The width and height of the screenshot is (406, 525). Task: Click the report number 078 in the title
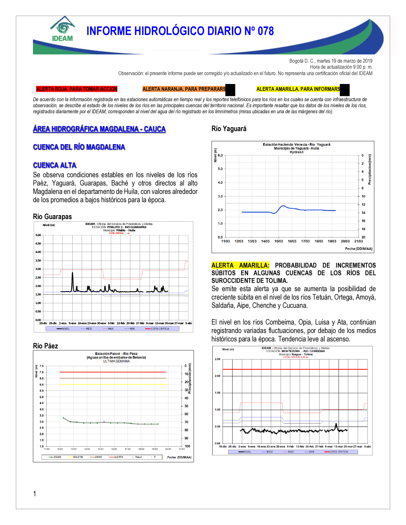pyautogui.click(x=266, y=31)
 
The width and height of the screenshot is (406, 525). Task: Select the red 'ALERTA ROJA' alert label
pyautogui.click(x=76, y=89)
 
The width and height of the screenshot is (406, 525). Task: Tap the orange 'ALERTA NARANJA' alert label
pyautogui.click(x=184, y=89)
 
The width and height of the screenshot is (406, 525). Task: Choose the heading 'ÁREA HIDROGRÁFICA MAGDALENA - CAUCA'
pyautogui.click(x=99, y=129)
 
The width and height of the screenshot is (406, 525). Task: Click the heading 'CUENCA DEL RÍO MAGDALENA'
pyautogui.click(x=79, y=147)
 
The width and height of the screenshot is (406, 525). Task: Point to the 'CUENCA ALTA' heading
pyautogui.click(x=54, y=165)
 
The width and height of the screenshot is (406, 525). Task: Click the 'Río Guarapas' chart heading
pyautogui.click(x=52, y=217)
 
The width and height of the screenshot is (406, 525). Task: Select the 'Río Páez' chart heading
pyautogui.click(x=45, y=346)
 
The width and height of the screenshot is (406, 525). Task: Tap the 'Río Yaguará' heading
pyautogui.click(x=229, y=129)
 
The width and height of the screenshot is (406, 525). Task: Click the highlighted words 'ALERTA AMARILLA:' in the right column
pyautogui.click(x=240, y=265)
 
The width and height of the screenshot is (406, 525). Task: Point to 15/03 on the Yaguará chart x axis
pyautogui.click(x=279, y=241)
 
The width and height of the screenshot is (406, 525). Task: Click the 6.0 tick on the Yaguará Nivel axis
pyautogui.click(x=220, y=156)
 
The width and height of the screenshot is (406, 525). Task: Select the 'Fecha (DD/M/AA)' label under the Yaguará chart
pyautogui.click(x=358, y=249)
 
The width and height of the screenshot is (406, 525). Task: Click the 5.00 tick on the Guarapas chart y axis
pyautogui.click(x=38, y=235)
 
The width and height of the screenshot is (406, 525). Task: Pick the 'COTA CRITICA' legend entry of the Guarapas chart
pyautogui.click(x=160, y=329)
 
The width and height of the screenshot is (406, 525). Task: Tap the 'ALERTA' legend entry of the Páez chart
pyautogui.click(x=118, y=457)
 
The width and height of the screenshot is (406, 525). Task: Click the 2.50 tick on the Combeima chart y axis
pyautogui.click(x=218, y=359)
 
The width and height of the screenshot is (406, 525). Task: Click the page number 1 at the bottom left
pyautogui.click(x=35, y=494)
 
